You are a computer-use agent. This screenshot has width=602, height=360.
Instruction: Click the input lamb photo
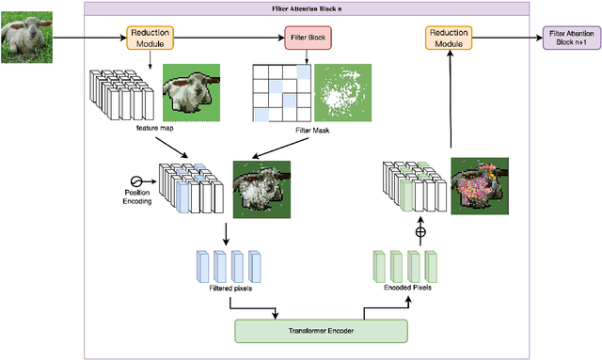[25, 39]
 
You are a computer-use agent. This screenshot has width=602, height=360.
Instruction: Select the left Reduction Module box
[150, 39]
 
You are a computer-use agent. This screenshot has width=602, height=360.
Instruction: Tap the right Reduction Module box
[450, 39]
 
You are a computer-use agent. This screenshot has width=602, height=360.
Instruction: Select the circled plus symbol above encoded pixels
[408, 231]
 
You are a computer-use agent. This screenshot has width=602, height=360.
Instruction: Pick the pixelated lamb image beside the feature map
[193, 93]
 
